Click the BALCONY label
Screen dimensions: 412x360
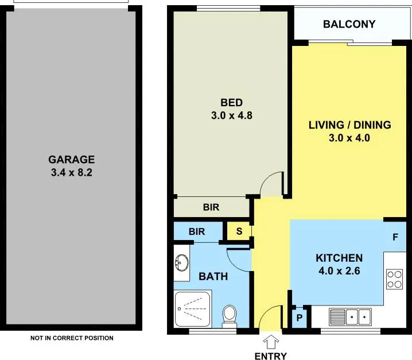coord(349,24)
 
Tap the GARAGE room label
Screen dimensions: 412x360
coord(72,160)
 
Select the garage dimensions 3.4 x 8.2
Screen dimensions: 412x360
coord(72,172)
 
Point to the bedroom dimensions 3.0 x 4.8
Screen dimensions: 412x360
coord(231,115)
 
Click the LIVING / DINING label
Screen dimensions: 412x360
coord(349,125)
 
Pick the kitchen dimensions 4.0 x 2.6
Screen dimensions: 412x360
coord(339,270)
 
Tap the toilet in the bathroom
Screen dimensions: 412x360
coord(230,316)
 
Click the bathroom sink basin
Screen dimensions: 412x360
coord(181,262)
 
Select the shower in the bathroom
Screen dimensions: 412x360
coord(193,308)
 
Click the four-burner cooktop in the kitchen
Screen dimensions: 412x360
coord(395,279)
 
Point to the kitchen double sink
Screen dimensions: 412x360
coord(350,317)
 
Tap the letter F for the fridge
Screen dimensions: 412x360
coord(395,237)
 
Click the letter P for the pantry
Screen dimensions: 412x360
coord(300,318)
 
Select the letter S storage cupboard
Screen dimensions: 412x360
coord(239,231)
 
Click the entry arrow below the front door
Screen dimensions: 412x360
coord(271,342)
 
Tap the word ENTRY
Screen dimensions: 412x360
coord(271,356)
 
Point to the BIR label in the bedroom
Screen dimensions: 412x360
coord(211,207)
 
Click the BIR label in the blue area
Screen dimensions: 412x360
coord(197,231)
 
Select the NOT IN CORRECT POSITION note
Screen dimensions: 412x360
coord(72,338)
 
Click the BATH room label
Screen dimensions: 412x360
coord(213,276)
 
